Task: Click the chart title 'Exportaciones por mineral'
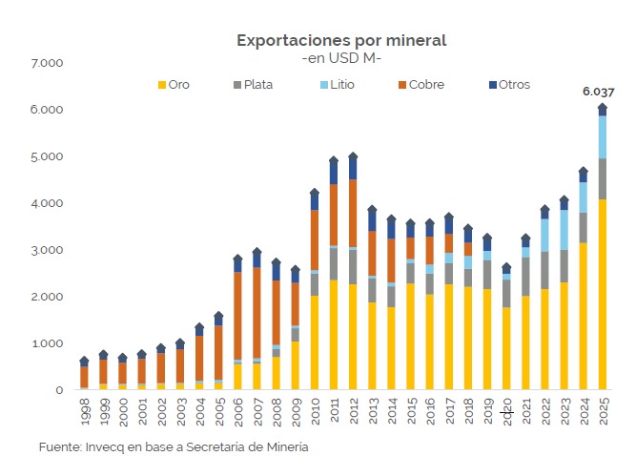pyautogui.click(x=340, y=40)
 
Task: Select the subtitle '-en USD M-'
pyautogui.click(x=340, y=59)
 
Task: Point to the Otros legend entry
pyautogui.click(x=507, y=85)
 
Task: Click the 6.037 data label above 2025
pyautogui.click(x=599, y=93)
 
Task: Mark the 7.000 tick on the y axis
pyautogui.click(x=47, y=63)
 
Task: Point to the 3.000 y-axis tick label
pyautogui.click(x=47, y=250)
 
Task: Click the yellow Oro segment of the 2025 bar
pyautogui.click(x=603, y=296)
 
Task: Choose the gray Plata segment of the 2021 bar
pyautogui.click(x=525, y=277)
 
